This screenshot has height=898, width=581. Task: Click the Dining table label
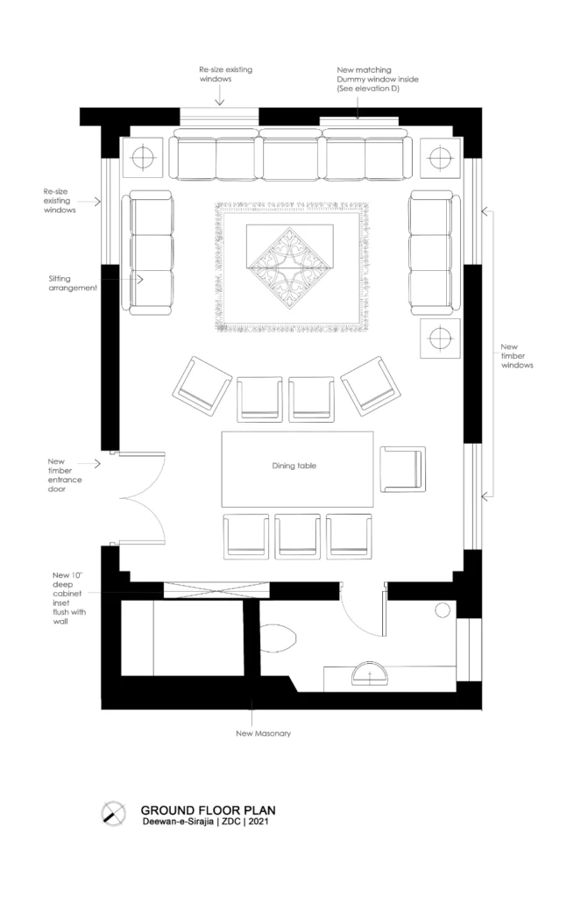[x=294, y=466]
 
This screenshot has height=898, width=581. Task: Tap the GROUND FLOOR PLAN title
[x=208, y=810]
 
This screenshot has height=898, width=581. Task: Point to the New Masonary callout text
[x=263, y=733]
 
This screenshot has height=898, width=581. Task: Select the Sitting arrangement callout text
[x=73, y=282]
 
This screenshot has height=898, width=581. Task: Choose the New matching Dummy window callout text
[x=378, y=78]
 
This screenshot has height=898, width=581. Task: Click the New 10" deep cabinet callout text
[x=71, y=597]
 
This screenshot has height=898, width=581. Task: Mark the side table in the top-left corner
[x=141, y=158]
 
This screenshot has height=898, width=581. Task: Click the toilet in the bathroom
[x=280, y=638]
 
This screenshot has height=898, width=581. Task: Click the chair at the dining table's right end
[x=401, y=469]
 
